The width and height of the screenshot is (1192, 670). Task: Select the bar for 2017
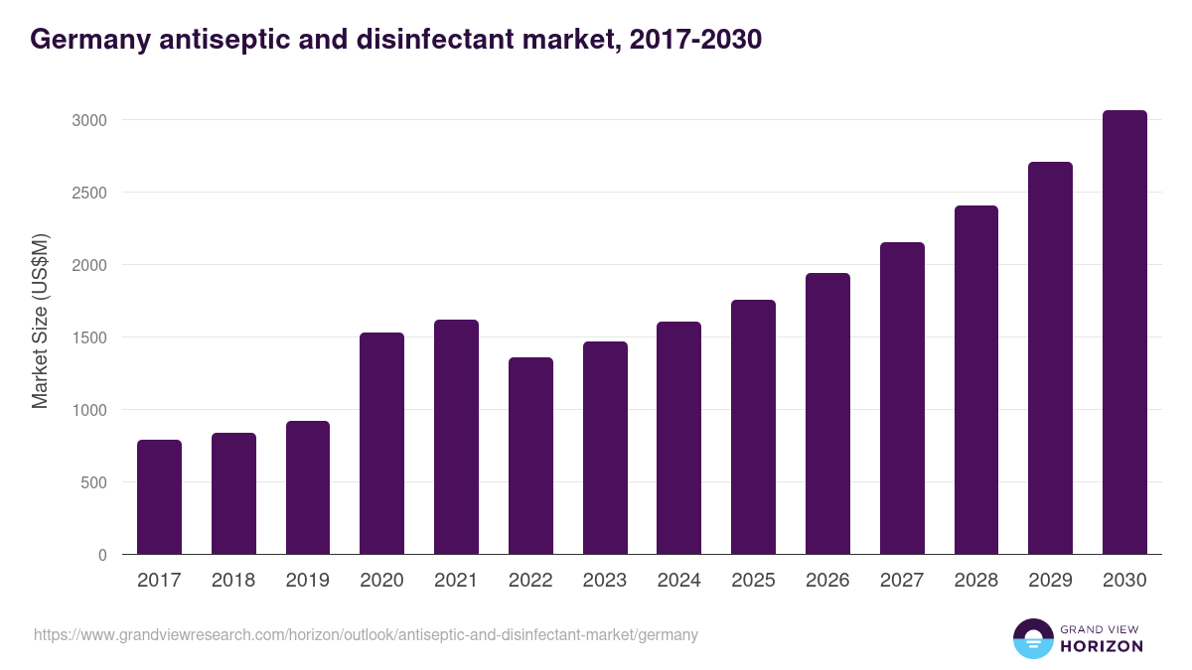pyautogui.click(x=159, y=496)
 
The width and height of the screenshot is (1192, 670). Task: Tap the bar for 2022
pyautogui.click(x=530, y=456)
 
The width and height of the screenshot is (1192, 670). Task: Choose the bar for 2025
pyautogui.click(x=753, y=427)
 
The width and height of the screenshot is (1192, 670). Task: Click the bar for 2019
pyautogui.click(x=308, y=487)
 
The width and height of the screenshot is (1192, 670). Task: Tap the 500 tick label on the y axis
pyautogui.click(x=95, y=482)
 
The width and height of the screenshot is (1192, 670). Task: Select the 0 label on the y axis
pyautogui.click(x=102, y=555)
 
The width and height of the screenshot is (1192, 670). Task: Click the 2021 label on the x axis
pyautogui.click(x=456, y=581)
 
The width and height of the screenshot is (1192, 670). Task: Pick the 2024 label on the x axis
pyautogui.click(x=678, y=581)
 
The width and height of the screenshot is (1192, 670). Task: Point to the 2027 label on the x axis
pyautogui.click(x=902, y=581)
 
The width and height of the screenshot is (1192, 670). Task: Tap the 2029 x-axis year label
pyautogui.click(x=1050, y=581)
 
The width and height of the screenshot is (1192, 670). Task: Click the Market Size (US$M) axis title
pyautogui.click(x=40, y=321)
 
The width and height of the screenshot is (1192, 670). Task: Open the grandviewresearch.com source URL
pyautogui.click(x=366, y=634)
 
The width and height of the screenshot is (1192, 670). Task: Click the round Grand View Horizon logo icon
pyautogui.click(x=1032, y=638)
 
